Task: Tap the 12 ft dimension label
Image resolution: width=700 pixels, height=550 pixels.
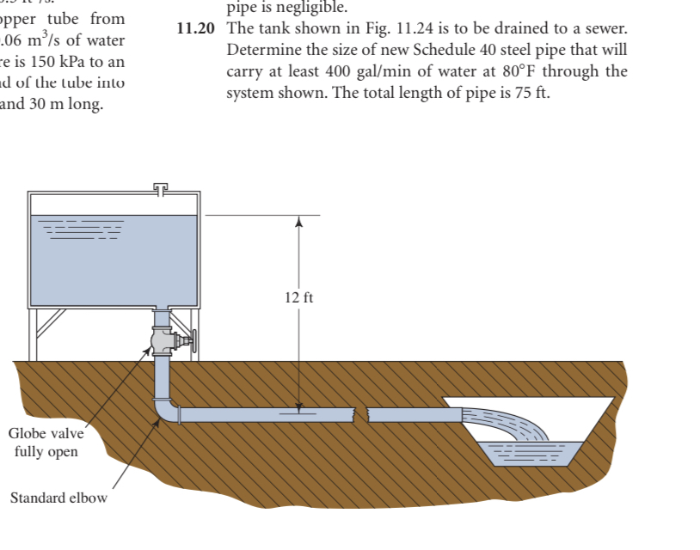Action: coord(298,298)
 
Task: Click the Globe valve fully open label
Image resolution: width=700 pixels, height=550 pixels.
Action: coord(46,442)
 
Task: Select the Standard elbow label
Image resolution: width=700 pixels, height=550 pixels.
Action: coord(58,498)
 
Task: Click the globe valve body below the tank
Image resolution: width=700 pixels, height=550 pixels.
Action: coord(161,342)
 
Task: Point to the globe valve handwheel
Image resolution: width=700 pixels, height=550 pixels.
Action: coord(194,342)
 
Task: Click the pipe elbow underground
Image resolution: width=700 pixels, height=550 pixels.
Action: coord(165,410)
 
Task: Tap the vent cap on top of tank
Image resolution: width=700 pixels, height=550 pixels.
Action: coord(161,186)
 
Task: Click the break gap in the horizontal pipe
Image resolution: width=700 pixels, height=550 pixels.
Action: coord(363,415)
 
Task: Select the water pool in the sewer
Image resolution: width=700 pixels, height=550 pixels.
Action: coord(531,449)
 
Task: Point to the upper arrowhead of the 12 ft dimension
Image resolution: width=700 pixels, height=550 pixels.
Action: coord(298,222)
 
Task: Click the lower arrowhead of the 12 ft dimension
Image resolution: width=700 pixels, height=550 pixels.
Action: coord(298,406)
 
